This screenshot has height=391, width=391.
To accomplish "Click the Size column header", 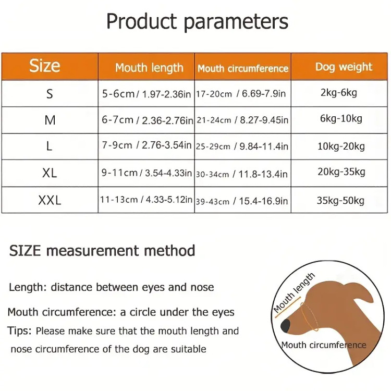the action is pos(45,66).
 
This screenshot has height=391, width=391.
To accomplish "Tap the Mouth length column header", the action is pos(149,68).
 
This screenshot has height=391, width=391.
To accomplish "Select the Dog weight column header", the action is pos(344,67).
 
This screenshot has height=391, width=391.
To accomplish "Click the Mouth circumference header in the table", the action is pos(243,68).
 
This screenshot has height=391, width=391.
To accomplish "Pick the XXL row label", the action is pos(50,200).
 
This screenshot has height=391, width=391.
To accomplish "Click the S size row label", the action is pos(50,94).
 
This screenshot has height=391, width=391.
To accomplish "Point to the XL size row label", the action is pos(50,173).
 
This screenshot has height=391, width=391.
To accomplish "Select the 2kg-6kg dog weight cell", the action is pos(339,92).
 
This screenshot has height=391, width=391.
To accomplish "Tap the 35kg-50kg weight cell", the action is pos(340,201).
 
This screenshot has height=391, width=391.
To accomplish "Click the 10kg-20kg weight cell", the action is pos(341,146).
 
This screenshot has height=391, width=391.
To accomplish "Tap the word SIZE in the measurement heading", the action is pos(25,251).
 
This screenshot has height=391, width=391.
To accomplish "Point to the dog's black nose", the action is pos(286,325).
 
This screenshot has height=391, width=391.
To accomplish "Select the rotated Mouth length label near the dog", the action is pos(294,292).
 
